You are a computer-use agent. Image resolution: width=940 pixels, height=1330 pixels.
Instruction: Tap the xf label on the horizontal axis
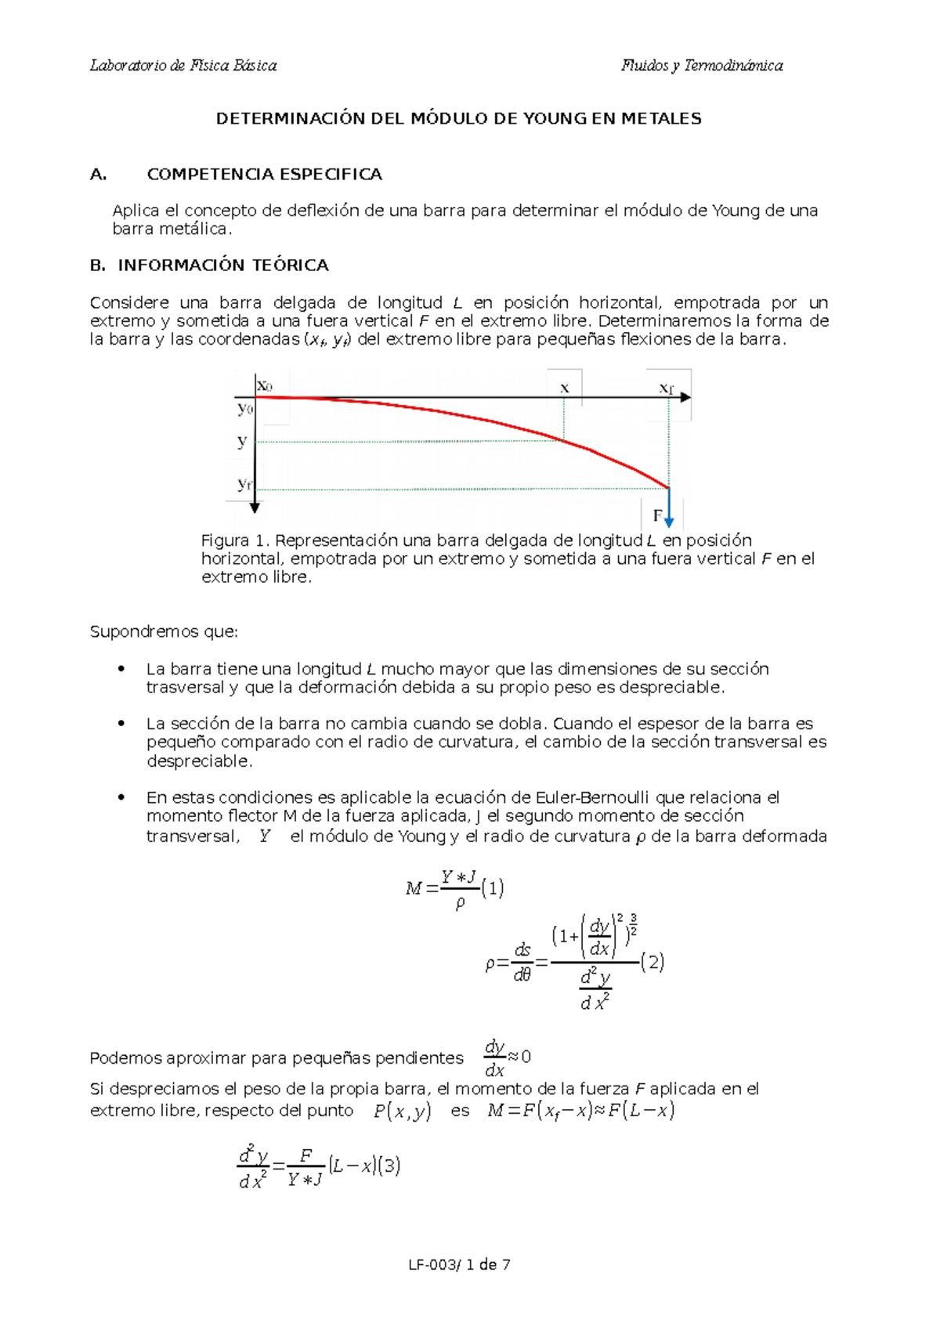666,388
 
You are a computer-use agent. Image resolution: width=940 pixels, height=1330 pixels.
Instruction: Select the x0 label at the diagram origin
265,386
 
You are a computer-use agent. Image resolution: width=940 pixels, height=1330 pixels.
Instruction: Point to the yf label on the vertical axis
244,485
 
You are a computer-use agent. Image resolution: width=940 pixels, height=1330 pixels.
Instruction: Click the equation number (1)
493,887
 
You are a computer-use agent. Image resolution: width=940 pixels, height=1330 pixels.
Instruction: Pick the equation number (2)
653,962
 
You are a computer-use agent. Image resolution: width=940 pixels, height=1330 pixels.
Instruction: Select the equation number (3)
389,1166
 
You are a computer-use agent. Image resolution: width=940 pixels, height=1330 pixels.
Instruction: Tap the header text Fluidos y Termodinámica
702,66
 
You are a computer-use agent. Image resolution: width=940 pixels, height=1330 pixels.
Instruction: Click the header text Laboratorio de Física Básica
183,66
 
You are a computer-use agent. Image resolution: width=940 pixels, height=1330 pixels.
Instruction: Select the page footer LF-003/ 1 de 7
459,1264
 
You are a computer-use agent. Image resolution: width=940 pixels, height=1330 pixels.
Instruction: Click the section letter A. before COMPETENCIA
99,175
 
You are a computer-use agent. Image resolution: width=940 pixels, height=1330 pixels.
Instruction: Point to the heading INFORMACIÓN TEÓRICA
223,266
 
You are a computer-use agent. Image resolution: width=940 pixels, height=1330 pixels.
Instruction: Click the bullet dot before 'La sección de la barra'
121,724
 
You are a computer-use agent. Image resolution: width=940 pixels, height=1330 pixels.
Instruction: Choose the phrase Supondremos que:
164,631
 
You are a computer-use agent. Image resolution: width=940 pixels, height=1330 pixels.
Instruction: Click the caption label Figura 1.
236,540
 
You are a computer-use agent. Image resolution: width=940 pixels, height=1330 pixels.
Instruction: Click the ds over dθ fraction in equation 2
522,962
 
